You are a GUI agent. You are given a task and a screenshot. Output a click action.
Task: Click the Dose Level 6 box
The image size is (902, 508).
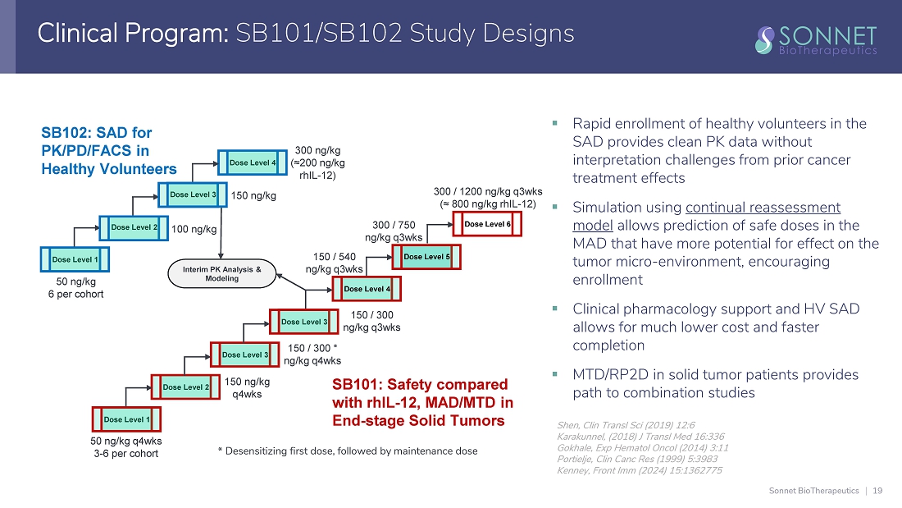(488, 224)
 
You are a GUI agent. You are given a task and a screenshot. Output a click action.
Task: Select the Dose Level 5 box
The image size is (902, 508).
(426, 258)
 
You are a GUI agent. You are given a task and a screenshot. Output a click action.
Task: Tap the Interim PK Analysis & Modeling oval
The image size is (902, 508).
(221, 274)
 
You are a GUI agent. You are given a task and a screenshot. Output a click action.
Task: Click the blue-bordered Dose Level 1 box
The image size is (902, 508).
(75, 260)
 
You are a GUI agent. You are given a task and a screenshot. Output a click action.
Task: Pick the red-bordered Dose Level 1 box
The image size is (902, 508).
(126, 420)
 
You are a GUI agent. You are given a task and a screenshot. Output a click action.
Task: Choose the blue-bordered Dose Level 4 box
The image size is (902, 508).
(253, 163)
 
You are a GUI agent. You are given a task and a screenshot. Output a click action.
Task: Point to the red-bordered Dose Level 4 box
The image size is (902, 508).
(367, 289)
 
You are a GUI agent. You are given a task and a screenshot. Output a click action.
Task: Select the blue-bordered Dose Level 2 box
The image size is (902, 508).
(134, 227)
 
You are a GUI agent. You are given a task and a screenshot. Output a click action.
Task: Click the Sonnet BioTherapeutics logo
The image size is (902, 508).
(816, 39)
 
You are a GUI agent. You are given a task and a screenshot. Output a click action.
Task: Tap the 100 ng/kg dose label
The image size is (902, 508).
(194, 230)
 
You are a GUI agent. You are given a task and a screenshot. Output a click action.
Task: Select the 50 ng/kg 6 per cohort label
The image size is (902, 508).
(75, 288)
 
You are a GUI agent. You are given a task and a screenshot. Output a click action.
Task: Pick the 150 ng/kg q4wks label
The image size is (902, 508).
(247, 388)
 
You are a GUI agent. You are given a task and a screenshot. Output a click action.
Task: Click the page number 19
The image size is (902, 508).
(878, 491)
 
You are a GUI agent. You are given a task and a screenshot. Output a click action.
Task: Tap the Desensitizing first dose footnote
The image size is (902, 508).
(347, 451)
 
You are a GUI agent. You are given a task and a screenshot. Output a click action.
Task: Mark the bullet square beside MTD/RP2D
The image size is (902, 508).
(556, 375)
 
